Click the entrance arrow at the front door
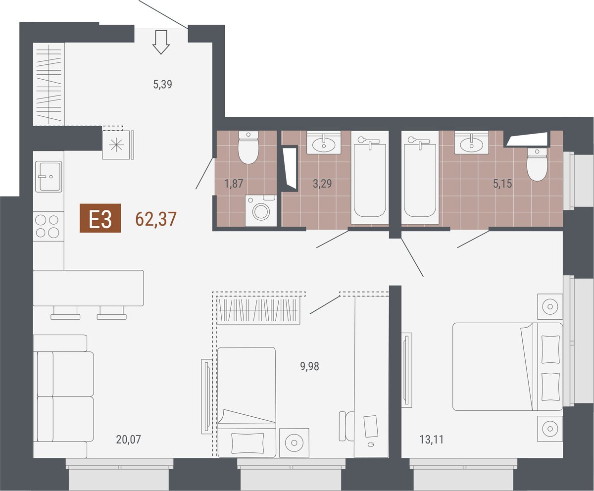pyautogui.click(x=161, y=42)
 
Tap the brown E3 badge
pyautogui.click(x=100, y=218)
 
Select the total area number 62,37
pyautogui.click(x=156, y=219)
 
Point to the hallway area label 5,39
pyautogui.click(x=163, y=85)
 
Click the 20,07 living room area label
pyautogui.click(x=128, y=440)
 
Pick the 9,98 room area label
pyautogui.click(x=309, y=366)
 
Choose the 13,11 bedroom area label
pyautogui.click(x=432, y=440)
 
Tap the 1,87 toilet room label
pyautogui.click(x=234, y=184)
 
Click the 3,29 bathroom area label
pyautogui.click(x=322, y=184)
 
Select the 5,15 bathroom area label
pyautogui.click(x=502, y=184)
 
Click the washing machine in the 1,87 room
pyautogui.click(x=260, y=210)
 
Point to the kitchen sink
pyautogui.click(x=49, y=176)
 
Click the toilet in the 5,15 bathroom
pyautogui.click(x=537, y=164)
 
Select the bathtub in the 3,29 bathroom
pyautogui.click(x=370, y=178)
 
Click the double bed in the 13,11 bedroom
pyautogui.click(x=507, y=367)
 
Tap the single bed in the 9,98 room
pyautogui.click(x=247, y=402)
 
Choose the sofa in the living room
pyautogui.click(x=63, y=396)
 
